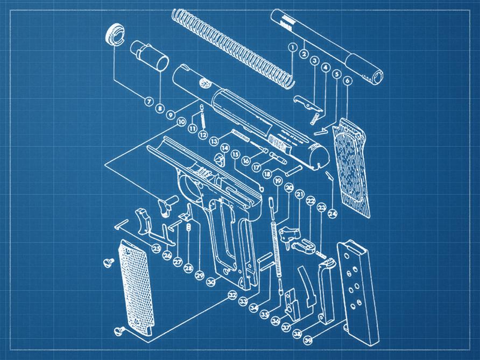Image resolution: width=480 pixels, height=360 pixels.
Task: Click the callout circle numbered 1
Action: [x=292, y=47]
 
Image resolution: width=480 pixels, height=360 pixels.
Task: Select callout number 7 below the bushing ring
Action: [x=148, y=101]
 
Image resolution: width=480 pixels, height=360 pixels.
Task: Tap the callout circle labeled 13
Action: [x=214, y=141]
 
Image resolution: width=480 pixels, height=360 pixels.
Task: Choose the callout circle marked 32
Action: [x=232, y=295]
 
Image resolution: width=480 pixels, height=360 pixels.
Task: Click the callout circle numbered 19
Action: [x=278, y=181]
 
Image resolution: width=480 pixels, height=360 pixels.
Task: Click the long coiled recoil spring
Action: [x=231, y=46]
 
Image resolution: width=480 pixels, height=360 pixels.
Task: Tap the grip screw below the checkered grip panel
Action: [x=119, y=330]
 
